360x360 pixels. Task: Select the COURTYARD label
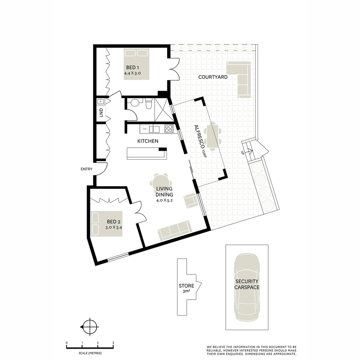[213, 77]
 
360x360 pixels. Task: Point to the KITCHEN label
[148, 141]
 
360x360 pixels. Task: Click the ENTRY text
[86, 169]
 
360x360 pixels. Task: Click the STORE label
[186, 286]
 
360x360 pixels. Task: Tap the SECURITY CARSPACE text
[247, 284]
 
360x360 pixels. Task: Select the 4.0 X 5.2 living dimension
[164, 201]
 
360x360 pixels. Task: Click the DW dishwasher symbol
[144, 129]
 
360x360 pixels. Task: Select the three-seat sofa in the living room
[174, 230]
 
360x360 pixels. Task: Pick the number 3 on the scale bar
[113, 343]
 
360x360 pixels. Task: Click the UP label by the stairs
[242, 153]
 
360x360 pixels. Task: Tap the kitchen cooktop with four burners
[169, 128]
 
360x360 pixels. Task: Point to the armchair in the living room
[191, 201]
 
